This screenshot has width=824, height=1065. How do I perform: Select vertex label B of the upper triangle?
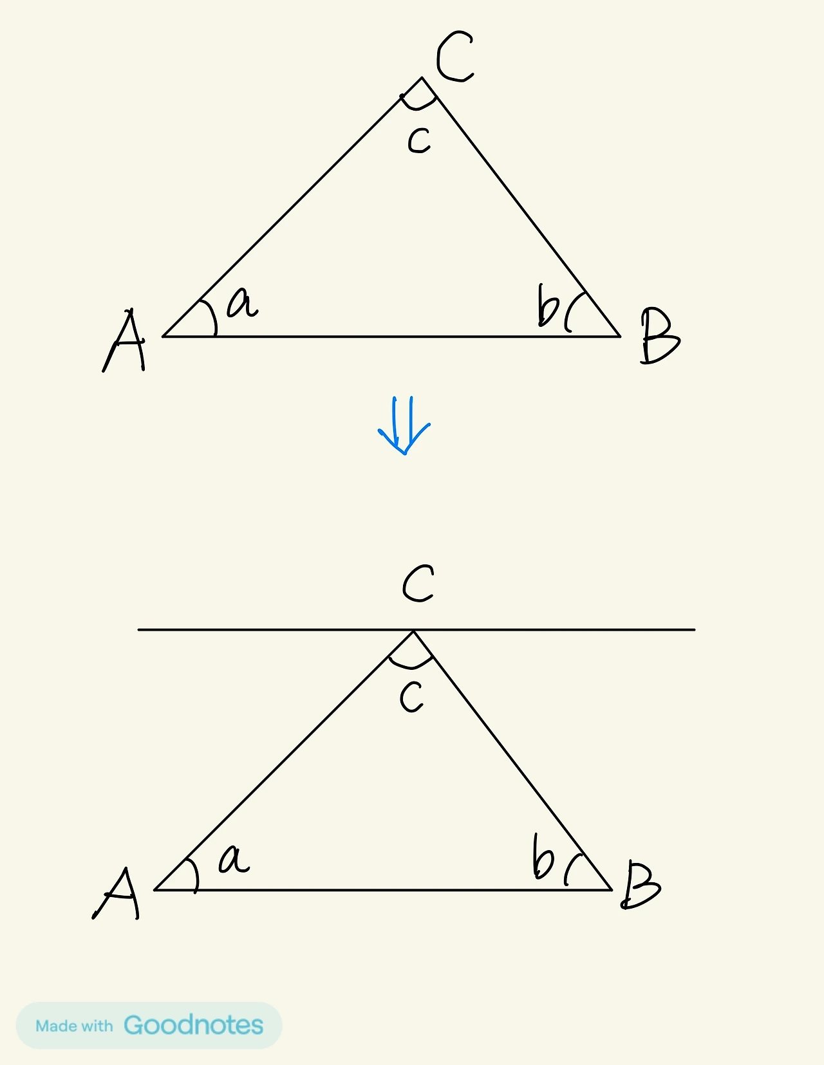click(659, 336)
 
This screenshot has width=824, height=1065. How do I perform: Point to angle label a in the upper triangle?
click(242, 302)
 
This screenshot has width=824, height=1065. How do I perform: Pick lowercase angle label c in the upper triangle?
click(419, 140)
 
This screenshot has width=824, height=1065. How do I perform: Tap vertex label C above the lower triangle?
click(418, 584)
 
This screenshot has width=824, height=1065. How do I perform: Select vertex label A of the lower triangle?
click(117, 893)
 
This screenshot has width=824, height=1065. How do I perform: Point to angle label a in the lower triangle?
click(234, 859)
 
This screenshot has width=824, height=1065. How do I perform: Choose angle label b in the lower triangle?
click(543, 857)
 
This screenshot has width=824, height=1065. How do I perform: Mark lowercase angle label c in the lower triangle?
click(411, 697)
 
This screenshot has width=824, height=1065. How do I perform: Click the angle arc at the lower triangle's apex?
click(410, 665)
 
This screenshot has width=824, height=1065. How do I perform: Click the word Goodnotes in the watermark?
click(193, 1025)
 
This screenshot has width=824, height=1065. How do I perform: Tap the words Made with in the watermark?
click(74, 1026)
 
